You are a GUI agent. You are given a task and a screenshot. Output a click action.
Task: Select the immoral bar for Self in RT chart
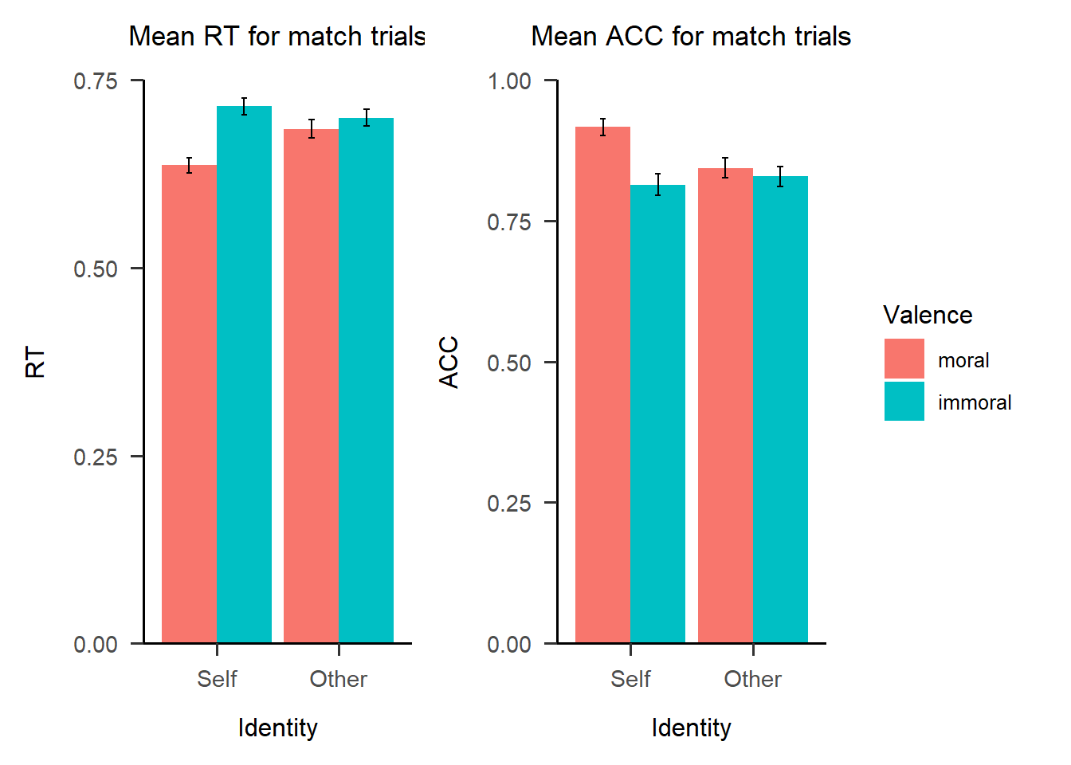[x=244, y=375]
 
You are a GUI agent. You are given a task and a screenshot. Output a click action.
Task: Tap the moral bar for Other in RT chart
[x=312, y=386]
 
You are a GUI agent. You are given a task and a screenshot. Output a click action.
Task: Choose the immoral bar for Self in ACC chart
[x=657, y=414]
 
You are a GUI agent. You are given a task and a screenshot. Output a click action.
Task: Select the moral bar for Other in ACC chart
[x=725, y=406]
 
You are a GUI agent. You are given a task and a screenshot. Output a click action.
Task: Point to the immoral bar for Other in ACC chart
[x=780, y=410]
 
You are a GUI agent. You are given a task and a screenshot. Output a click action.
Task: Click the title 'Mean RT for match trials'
[x=277, y=37]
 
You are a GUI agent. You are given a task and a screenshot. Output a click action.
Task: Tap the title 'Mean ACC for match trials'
[x=691, y=37]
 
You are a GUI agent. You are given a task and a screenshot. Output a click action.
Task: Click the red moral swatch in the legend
[x=904, y=359]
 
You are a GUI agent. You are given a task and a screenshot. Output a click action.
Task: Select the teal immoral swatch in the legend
[x=904, y=402]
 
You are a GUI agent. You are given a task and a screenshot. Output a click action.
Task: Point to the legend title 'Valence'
[x=928, y=316]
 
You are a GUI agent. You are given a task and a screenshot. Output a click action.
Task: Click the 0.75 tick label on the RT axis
[x=96, y=81]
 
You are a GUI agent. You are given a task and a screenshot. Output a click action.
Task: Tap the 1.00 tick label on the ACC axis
[x=509, y=81]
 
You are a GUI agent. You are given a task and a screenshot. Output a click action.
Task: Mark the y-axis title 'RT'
[x=36, y=362]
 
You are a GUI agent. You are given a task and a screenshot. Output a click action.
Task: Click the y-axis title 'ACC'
[x=449, y=362]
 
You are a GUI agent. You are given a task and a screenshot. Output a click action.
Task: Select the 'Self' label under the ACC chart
[x=630, y=679]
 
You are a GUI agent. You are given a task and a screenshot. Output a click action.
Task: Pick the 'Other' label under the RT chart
[x=339, y=679]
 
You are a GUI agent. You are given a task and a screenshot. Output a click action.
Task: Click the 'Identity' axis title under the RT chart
[x=277, y=728]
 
